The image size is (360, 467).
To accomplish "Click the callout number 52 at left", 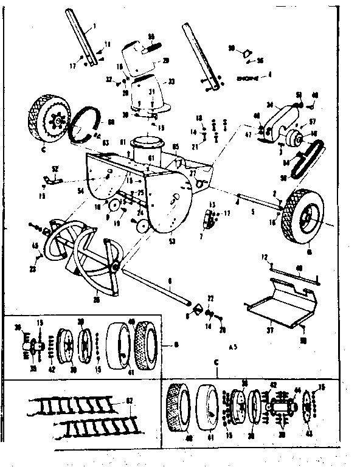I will [55, 168].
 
